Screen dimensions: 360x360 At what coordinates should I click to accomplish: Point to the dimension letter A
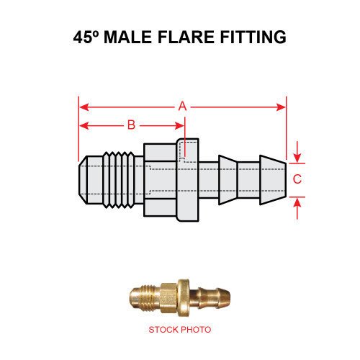pos(183,107)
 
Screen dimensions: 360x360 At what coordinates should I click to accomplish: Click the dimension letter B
pos(131,125)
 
